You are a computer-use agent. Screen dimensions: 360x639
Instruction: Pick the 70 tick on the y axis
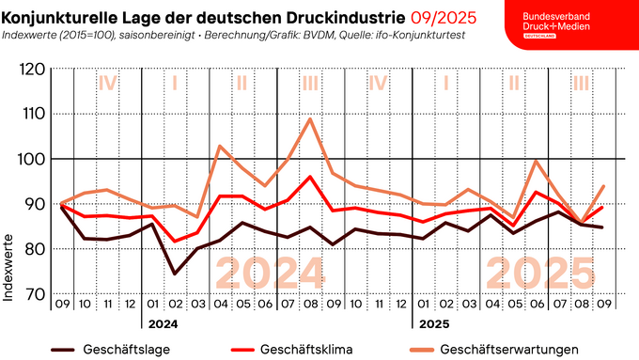(x=36, y=294)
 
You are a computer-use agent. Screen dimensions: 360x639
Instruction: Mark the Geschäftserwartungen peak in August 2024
(x=310, y=119)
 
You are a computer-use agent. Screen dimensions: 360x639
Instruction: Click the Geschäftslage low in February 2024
(x=175, y=274)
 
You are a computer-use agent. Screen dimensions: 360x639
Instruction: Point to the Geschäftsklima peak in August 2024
(x=310, y=177)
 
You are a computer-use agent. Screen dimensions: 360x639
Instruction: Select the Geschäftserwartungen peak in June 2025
(x=536, y=160)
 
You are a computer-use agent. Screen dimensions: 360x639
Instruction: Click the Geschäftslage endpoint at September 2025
(x=603, y=227)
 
